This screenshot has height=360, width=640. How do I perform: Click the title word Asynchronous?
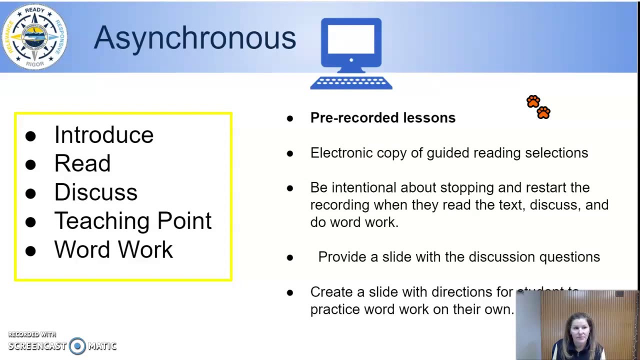(194, 38)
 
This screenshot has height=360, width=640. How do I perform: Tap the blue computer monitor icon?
(351, 43)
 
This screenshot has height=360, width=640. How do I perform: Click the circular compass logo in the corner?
(34, 36)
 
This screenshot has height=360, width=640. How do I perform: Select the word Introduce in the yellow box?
(103, 135)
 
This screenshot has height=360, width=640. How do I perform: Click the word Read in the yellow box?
(82, 163)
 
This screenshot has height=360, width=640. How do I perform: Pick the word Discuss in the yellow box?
(95, 192)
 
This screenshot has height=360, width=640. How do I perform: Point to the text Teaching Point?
(132, 221)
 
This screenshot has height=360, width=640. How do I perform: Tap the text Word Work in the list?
(113, 249)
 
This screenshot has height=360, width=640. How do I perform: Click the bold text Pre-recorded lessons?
(382, 118)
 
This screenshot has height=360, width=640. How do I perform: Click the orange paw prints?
(538, 107)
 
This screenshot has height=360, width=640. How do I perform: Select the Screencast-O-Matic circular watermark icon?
(77, 346)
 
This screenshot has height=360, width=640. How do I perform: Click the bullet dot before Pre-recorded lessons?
(290, 118)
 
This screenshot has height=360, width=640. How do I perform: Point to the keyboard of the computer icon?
(351, 83)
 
